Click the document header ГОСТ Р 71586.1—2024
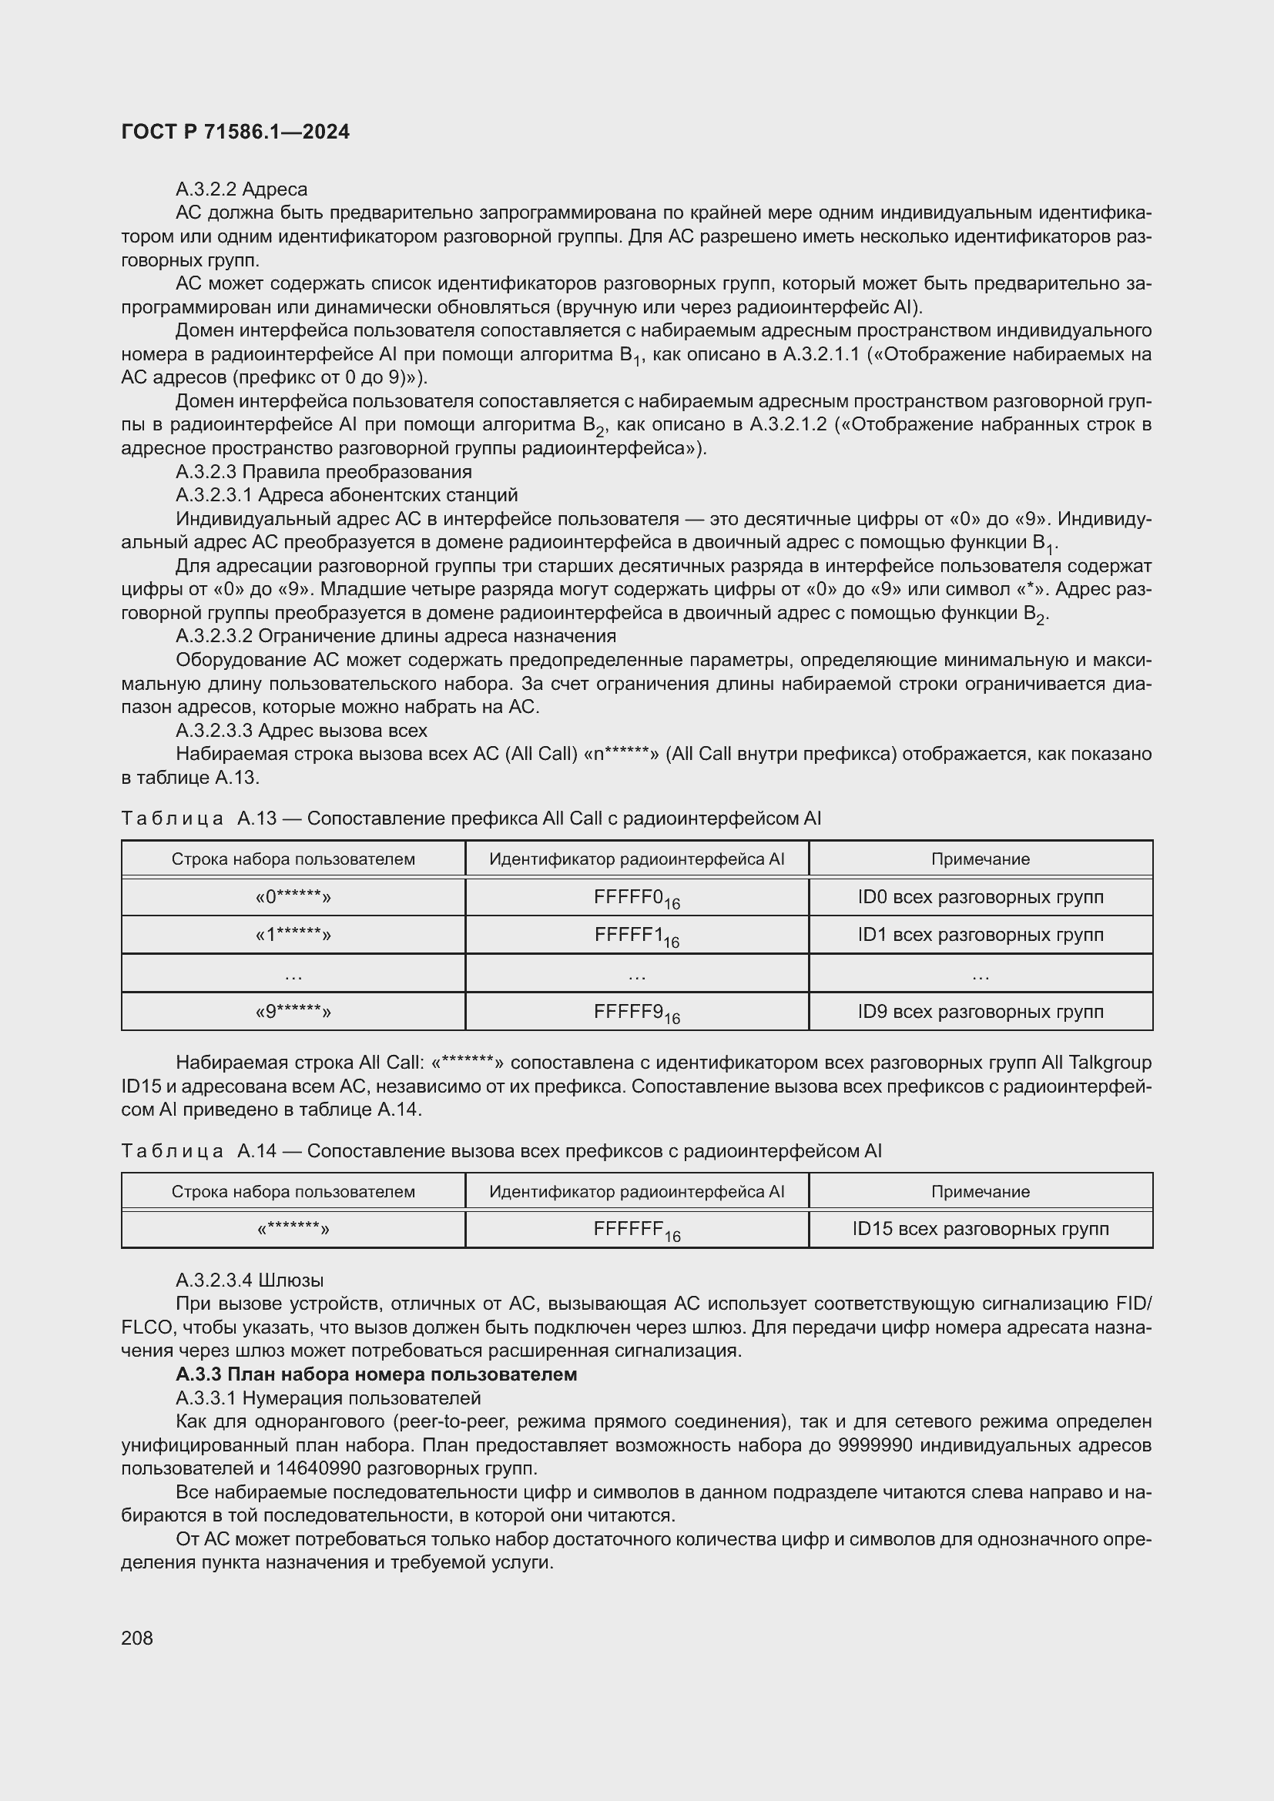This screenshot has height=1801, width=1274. [236, 132]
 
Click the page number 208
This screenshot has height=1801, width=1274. [137, 1638]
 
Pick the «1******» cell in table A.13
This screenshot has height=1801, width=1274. [293, 935]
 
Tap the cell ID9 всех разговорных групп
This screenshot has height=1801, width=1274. [980, 1012]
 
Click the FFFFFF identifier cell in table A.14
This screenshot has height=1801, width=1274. [636, 1230]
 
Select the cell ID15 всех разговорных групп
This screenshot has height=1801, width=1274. [980, 1229]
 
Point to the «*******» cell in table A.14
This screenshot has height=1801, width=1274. [293, 1229]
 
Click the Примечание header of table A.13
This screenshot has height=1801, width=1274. [980, 859]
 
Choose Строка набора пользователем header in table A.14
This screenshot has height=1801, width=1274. [293, 1191]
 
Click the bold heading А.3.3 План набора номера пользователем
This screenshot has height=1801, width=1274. [376, 1374]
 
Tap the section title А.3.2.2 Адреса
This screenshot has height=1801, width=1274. [241, 189]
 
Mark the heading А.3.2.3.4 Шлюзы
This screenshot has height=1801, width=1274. [250, 1280]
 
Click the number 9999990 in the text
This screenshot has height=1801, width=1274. [875, 1444]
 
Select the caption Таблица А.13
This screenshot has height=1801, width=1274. [199, 818]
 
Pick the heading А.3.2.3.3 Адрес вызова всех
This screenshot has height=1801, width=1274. [301, 730]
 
